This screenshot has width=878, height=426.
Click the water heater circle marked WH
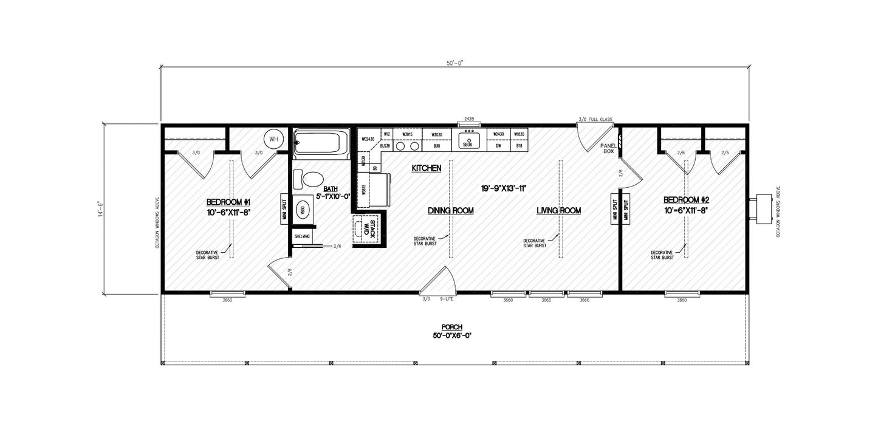click(273, 139)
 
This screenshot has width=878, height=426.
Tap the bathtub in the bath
click(321, 144)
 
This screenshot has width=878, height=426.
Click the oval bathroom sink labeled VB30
click(302, 210)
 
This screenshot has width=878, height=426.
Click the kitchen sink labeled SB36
click(467, 142)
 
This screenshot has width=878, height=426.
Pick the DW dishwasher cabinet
click(498, 146)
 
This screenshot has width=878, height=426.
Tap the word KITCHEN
click(426, 168)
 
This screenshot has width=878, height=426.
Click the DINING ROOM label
click(450, 210)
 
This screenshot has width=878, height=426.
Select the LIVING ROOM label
click(558, 210)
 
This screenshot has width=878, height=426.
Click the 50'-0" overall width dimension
click(454, 63)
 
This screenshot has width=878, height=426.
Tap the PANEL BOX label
click(608, 149)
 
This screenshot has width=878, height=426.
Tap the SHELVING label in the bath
click(302, 236)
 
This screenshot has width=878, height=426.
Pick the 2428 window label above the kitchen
click(468, 119)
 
